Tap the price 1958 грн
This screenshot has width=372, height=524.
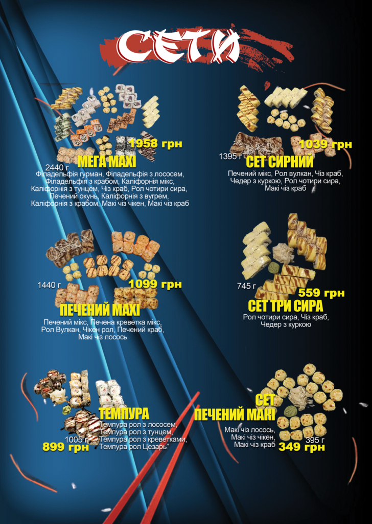(x=155, y=144)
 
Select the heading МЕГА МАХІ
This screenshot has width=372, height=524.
(x=107, y=162)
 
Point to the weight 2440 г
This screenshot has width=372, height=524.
(x=57, y=167)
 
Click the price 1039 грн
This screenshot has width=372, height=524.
(x=325, y=144)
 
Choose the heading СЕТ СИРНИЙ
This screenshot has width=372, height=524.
(x=280, y=161)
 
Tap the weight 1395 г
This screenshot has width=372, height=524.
(x=230, y=157)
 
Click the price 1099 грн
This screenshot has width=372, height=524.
(x=155, y=284)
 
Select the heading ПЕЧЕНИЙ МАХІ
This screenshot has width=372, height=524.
(x=100, y=310)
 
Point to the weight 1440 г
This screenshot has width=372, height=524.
(x=49, y=285)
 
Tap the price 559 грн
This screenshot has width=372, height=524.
(x=321, y=293)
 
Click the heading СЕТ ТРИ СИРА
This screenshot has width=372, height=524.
(x=286, y=305)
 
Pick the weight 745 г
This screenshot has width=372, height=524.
(x=247, y=286)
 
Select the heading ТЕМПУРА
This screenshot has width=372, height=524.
(x=124, y=413)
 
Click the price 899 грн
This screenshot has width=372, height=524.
(x=66, y=447)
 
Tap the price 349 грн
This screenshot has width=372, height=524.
(x=301, y=447)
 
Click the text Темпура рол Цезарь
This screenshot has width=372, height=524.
(x=133, y=446)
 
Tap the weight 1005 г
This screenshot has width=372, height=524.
(x=77, y=440)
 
